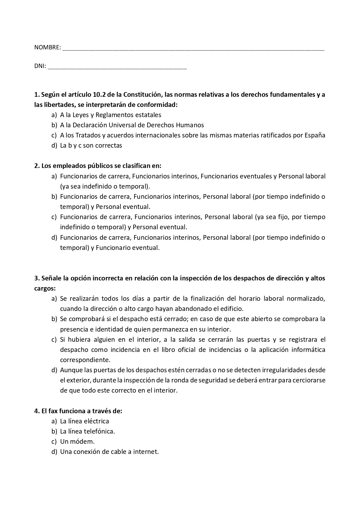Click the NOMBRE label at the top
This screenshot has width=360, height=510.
pyautogui.click(x=47, y=47)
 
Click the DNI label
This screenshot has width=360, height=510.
pyautogui.click(x=40, y=66)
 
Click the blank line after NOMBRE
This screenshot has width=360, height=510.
pyautogui.click(x=193, y=49)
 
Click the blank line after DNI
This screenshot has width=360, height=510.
pyautogui.click(x=117, y=68)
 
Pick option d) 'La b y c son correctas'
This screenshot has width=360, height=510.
pyautogui.click(x=91, y=146)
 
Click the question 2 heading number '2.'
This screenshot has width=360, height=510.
pyautogui.click(x=37, y=166)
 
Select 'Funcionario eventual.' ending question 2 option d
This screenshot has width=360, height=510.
pyautogui.click(x=128, y=248)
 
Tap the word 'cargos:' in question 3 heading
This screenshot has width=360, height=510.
pyautogui.click(x=45, y=289)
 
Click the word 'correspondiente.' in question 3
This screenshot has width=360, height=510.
pyautogui.click(x=85, y=360)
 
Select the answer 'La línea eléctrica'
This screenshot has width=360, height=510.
pyautogui.click(x=84, y=421)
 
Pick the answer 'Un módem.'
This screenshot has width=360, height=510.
pyautogui.click(x=77, y=442)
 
